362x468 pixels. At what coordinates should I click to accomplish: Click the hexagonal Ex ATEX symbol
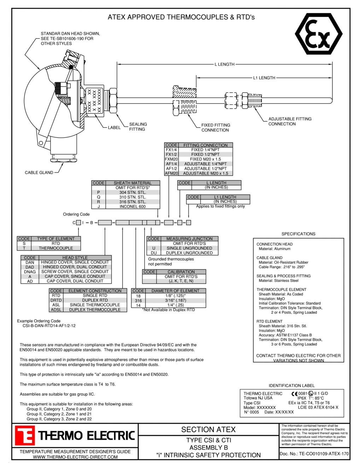click(x=319, y=34)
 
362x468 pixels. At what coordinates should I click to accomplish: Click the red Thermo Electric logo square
click(x=25, y=435)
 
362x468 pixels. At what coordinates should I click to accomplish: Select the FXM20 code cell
click(x=171, y=159)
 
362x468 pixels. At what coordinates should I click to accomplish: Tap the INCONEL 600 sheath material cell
click(x=133, y=207)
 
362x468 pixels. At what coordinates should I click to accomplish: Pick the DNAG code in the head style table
click(x=30, y=272)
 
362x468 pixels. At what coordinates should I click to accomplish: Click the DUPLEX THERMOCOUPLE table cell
click(x=95, y=310)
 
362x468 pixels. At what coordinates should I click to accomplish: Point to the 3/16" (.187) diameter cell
click(x=175, y=301)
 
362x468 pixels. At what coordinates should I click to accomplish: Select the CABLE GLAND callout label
click(x=39, y=173)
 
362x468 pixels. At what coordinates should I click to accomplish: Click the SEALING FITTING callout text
click(x=138, y=127)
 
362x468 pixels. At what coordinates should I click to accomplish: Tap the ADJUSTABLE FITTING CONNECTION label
click(x=290, y=122)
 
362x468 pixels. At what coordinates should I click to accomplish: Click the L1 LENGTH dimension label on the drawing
click(x=264, y=78)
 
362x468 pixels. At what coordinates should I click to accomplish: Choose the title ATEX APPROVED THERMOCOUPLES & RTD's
click(x=181, y=17)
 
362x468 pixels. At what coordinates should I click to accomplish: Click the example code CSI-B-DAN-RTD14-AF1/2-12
click(x=49, y=326)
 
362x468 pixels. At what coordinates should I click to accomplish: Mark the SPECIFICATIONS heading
click(x=298, y=234)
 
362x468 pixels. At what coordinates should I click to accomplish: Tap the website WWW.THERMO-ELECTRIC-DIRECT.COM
click(x=75, y=457)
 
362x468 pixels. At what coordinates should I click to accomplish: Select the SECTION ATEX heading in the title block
click(x=208, y=430)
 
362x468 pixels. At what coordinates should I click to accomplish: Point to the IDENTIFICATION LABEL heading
click(x=291, y=386)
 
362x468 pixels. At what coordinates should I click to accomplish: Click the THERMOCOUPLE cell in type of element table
click(x=56, y=248)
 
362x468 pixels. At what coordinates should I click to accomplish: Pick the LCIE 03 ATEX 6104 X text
click(x=318, y=408)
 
